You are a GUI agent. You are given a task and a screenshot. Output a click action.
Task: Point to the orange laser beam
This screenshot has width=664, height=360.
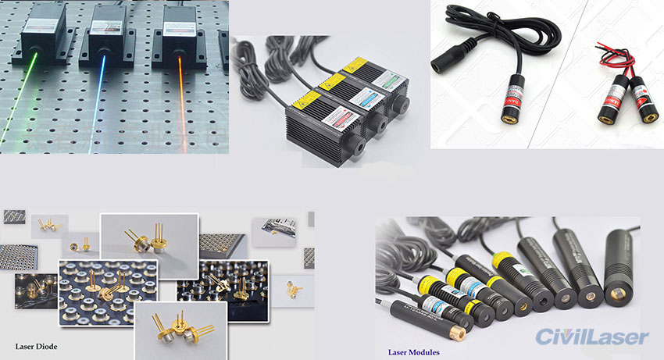(173, 102)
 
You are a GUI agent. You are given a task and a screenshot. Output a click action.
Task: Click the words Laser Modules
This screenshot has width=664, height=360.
(413, 352)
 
